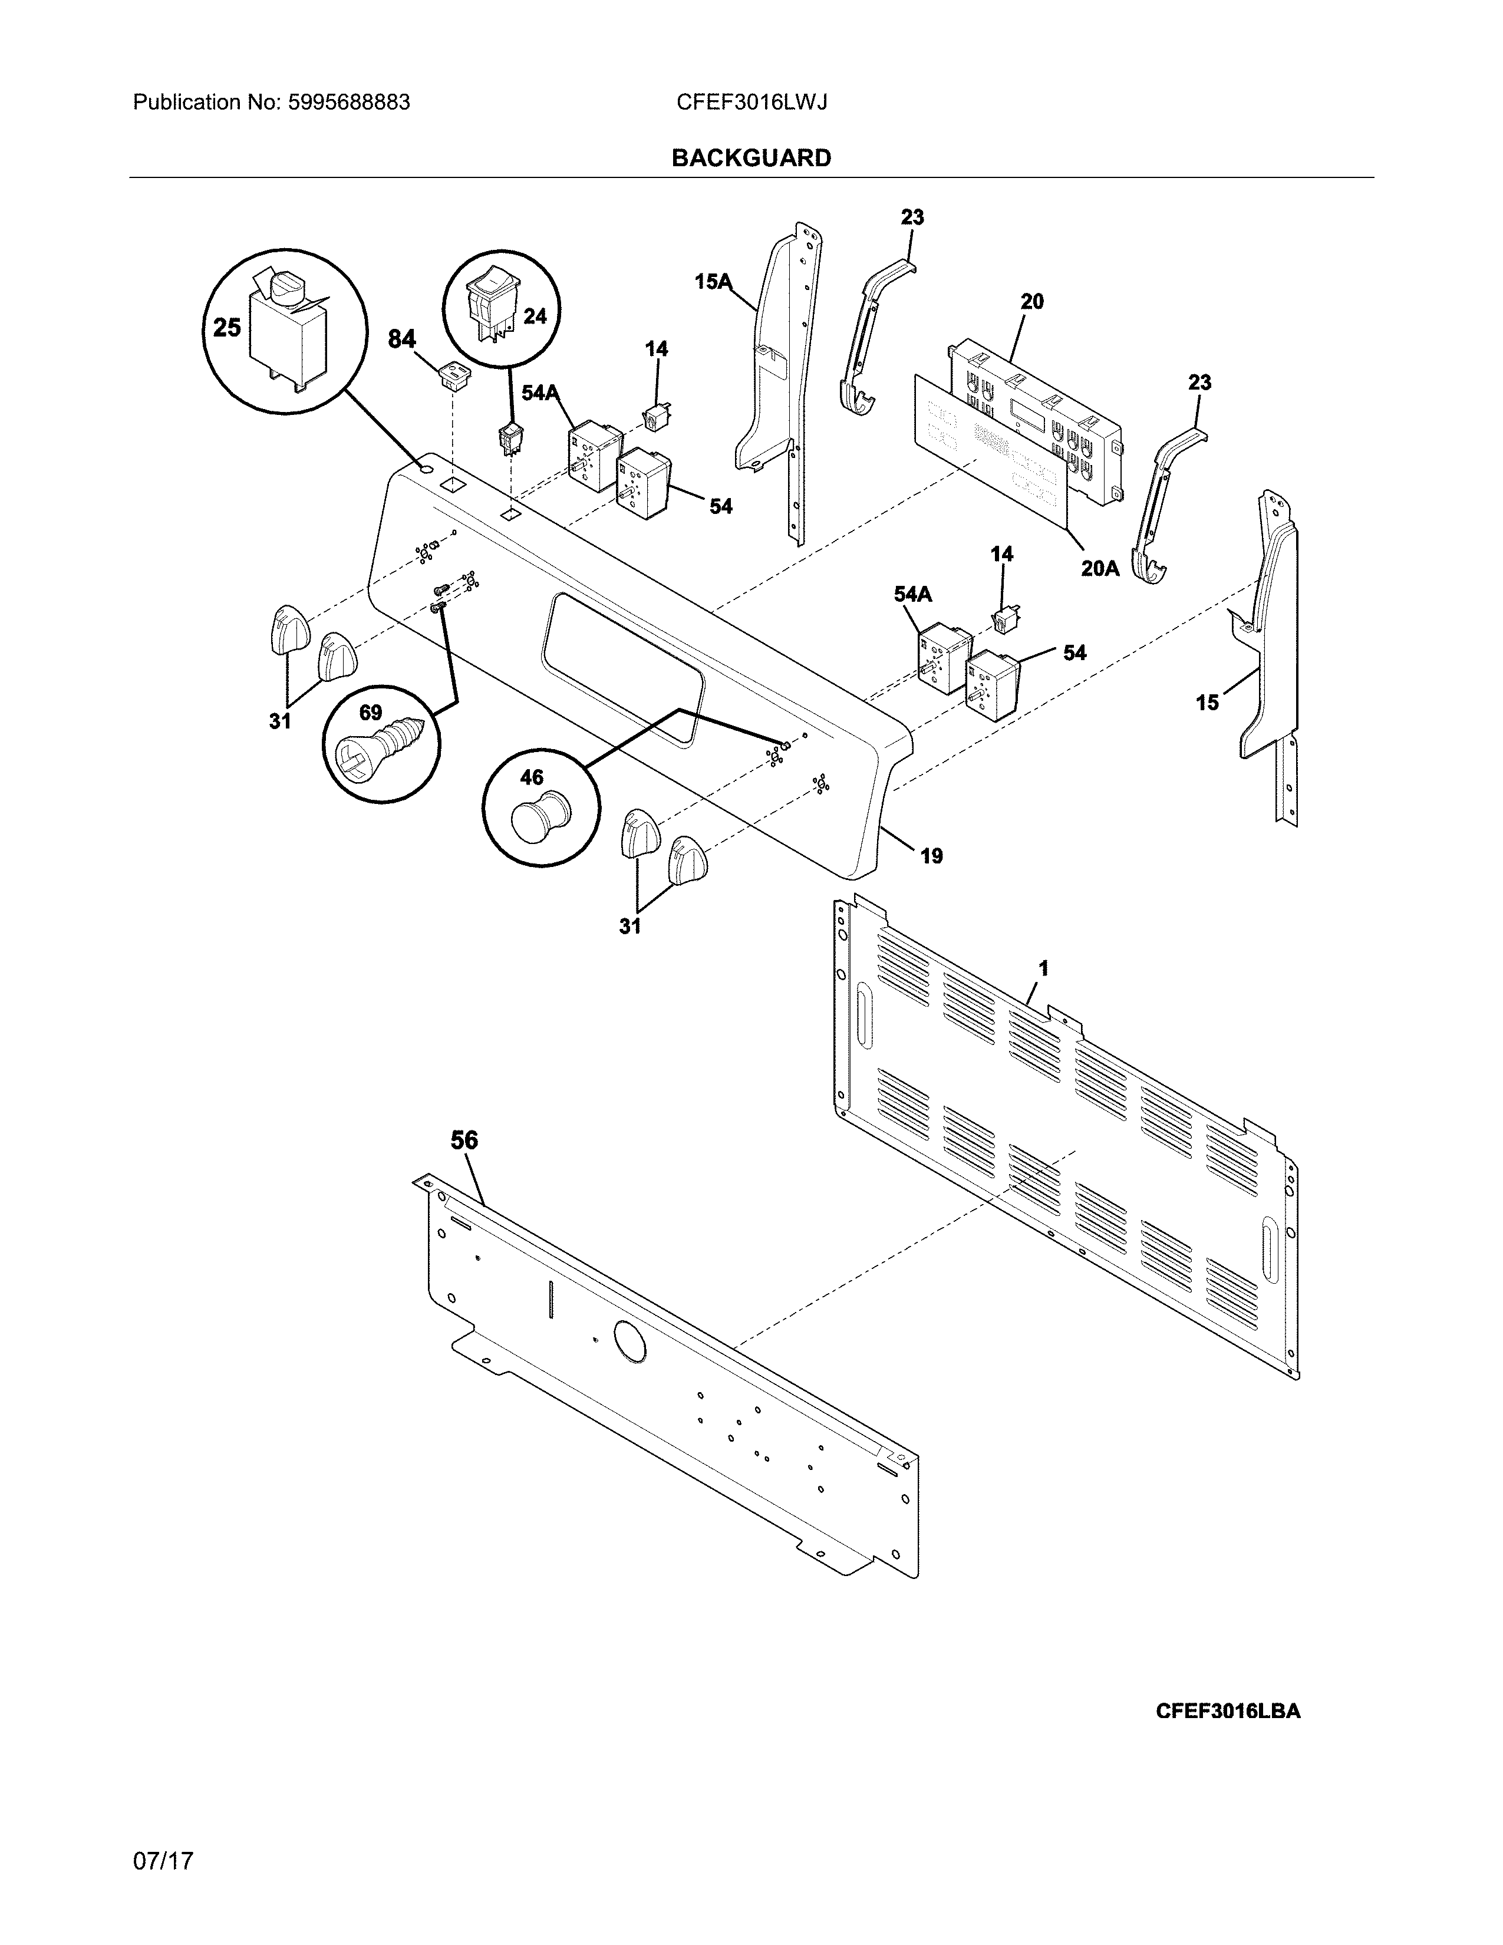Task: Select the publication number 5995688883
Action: tap(348, 103)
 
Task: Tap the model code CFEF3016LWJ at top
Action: tap(751, 103)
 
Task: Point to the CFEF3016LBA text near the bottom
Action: tap(1227, 1712)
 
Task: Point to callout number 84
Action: tap(401, 339)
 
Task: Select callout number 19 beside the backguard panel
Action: tap(931, 856)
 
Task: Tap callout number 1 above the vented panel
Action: tap(1043, 968)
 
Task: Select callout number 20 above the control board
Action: tap(1032, 302)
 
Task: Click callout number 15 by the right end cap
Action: tap(1207, 703)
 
